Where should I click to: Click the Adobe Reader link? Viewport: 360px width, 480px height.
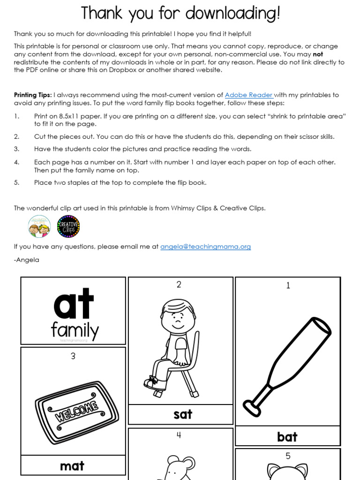248,95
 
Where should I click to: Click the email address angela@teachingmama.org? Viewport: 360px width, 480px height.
205,247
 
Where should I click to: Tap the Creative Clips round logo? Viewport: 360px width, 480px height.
68,226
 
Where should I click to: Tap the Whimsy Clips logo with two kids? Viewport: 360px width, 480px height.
39,226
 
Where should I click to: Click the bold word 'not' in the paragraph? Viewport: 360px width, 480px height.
318,54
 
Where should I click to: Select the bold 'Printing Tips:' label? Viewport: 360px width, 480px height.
33,95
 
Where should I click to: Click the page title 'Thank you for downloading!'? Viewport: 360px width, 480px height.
180,13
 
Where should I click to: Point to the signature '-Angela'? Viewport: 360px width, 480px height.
27,259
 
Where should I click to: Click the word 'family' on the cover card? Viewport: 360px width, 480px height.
75,330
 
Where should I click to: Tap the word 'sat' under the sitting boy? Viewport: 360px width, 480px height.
182,414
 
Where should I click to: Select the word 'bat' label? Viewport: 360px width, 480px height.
287,437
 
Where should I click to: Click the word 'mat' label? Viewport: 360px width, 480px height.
72,465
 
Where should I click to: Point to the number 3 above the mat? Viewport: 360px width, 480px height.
73,356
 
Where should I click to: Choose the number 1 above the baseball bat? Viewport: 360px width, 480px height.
288,285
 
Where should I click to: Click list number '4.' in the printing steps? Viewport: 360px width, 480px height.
17,162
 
